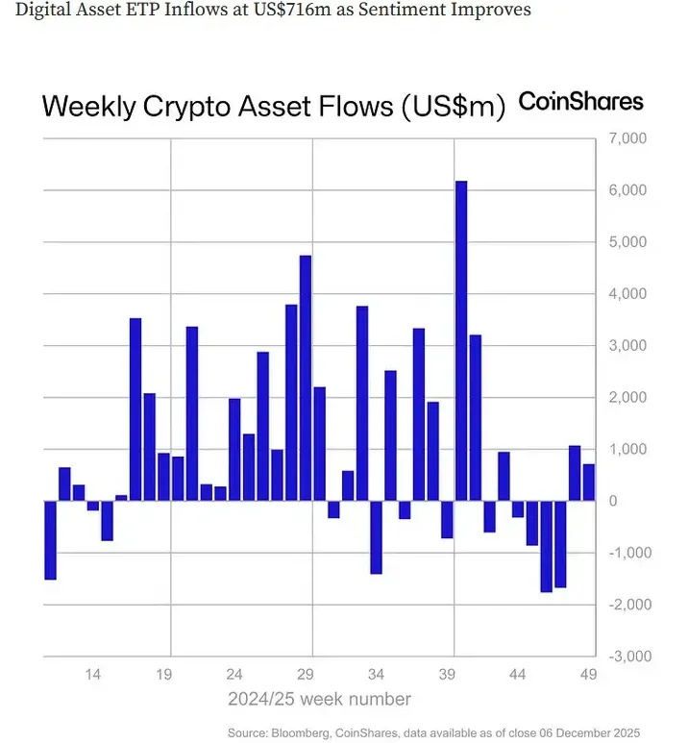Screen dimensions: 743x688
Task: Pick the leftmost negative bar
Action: [x=50, y=540]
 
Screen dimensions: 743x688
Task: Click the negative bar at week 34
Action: [x=376, y=537]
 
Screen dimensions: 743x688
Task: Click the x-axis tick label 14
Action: [x=93, y=675]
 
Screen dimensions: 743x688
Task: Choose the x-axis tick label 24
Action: [x=234, y=675]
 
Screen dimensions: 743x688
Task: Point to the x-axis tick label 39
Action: [x=447, y=675]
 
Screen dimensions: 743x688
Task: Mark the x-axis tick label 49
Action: [x=588, y=675]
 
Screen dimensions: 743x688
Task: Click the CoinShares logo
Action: [x=580, y=102]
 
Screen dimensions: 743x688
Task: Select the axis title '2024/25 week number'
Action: [x=319, y=699]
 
